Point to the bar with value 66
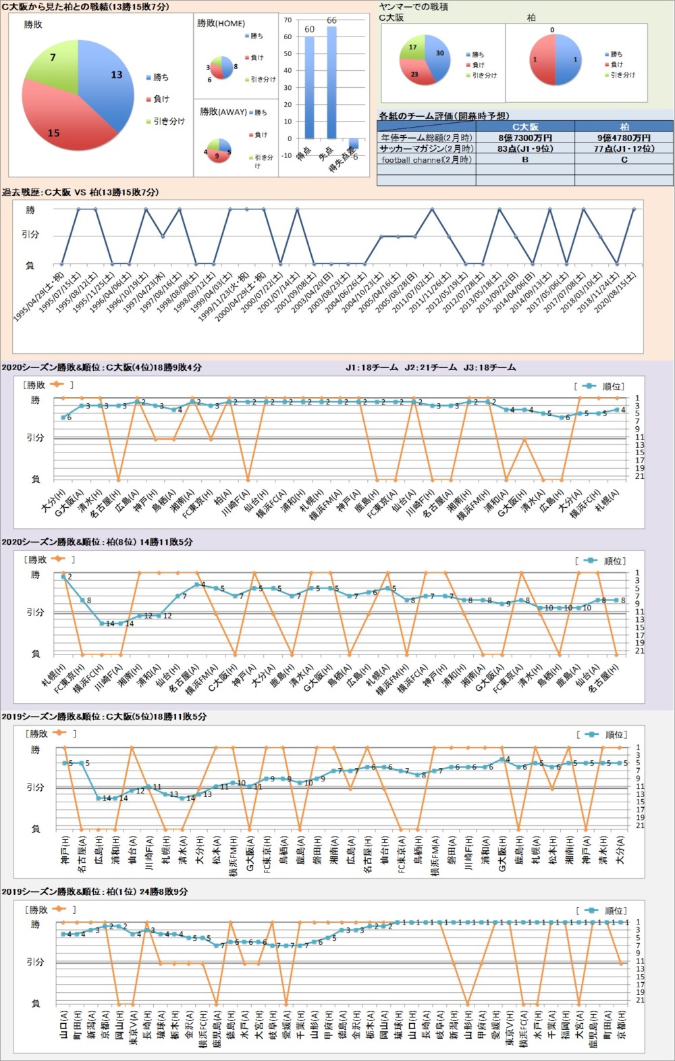pos(331,81)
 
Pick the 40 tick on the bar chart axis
pos(288,70)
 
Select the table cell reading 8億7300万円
pos(524,138)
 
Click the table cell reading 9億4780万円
pos(624,138)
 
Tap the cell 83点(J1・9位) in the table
pos(524,149)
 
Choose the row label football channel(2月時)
pos(427,160)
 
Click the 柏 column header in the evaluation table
pos(624,127)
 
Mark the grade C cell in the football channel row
pos(624,160)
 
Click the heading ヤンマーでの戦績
pos(414,7)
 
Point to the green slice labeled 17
pos(412,49)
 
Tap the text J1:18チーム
pos(372,367)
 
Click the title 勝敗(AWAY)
pos(223,111)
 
